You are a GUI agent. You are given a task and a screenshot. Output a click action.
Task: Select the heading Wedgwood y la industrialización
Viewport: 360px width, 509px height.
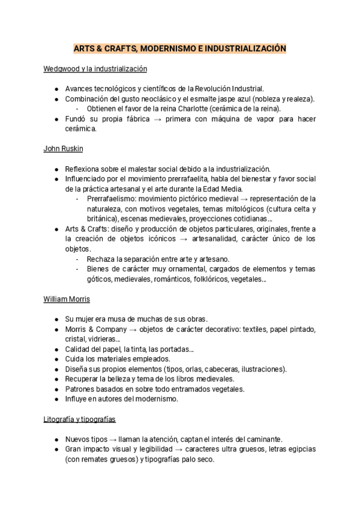coord(95,69)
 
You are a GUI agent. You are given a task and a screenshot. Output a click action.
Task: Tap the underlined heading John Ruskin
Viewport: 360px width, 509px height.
coord(63,148)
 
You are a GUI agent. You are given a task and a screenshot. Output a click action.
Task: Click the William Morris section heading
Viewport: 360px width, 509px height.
coord(67,298)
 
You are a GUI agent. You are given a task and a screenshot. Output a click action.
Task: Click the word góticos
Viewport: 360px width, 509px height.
coord(99,279)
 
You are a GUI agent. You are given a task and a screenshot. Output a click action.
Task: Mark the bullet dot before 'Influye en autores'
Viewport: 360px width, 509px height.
coord(56,399)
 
